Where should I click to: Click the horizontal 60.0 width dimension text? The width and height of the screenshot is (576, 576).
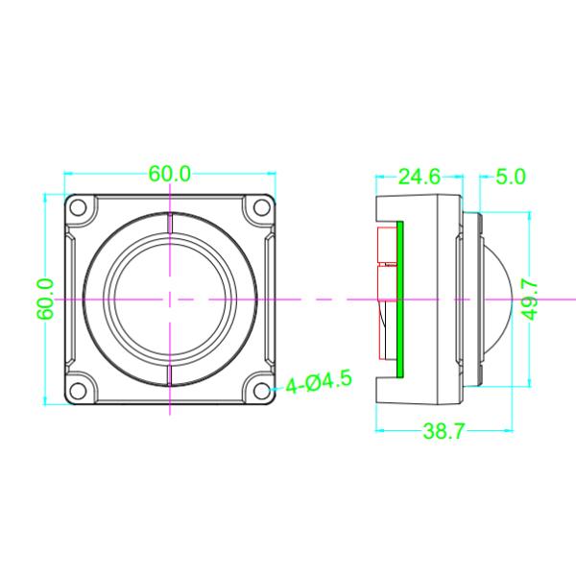pos(170,175)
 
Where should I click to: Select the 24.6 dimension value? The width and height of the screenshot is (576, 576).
pos(419,177)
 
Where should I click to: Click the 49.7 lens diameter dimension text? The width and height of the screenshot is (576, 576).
pos(529,300)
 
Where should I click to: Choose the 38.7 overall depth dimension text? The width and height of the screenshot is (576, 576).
pos(444,432)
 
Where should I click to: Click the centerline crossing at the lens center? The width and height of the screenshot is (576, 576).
pos(170,300)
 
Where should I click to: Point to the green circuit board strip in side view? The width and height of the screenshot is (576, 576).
pos(400,300)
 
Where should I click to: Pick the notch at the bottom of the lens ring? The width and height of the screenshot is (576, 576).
pos(170,375)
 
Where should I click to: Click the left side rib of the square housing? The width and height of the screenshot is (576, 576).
pos(71,300)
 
